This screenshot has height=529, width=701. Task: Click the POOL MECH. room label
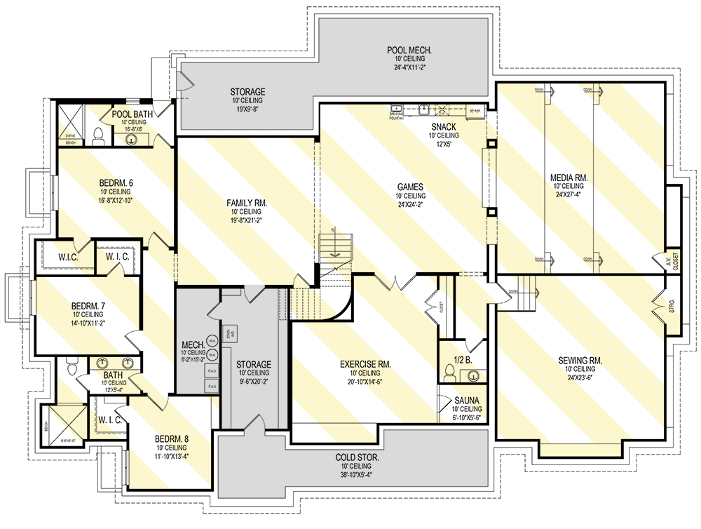409,50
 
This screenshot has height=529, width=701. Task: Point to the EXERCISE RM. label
365,364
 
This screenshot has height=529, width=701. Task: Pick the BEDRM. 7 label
88,306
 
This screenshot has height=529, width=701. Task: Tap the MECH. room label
192,344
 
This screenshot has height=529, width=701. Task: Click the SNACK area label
444,126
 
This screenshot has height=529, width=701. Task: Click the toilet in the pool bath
98,135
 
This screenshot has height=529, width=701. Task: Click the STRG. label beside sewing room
671,304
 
